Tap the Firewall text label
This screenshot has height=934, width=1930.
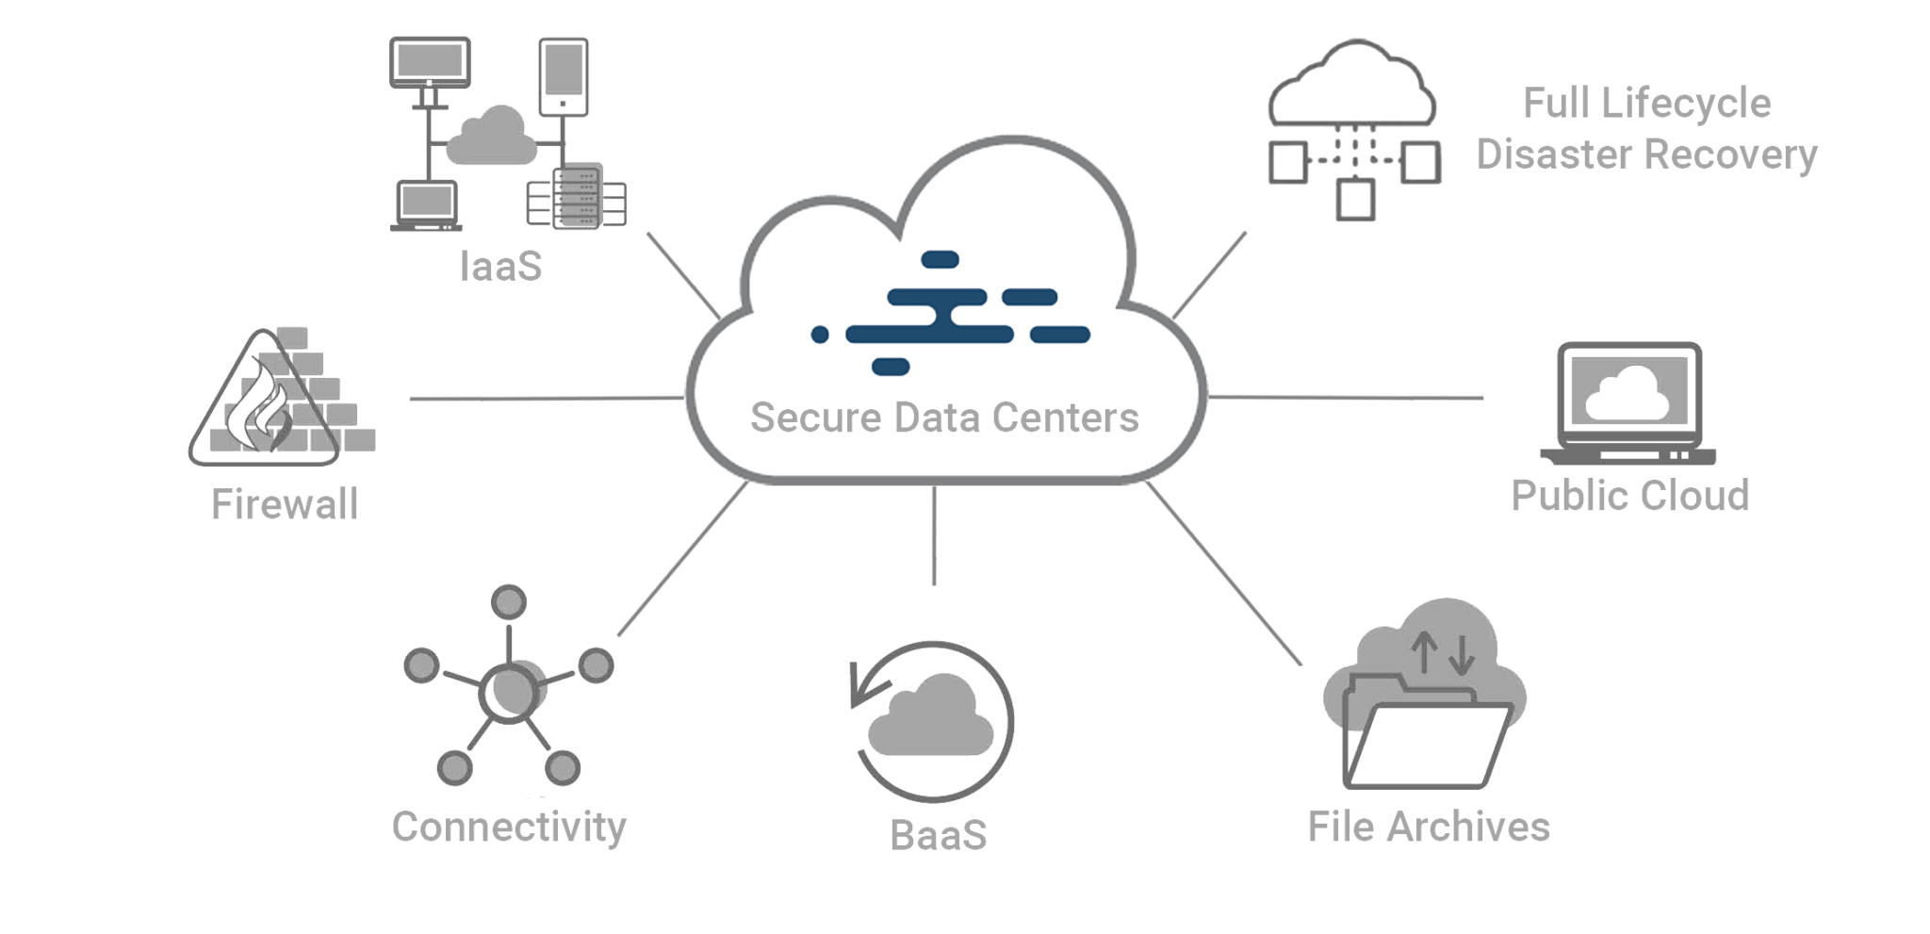coord(285,504)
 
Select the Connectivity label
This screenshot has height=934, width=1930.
coord(509,827)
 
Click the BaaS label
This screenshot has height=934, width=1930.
coord(939,835)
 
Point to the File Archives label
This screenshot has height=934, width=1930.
coord(1429,827)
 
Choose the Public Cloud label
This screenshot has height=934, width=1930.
coord(1629,495)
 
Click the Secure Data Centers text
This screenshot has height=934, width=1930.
coord(944,417)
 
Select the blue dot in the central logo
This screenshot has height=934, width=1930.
coord(820,334)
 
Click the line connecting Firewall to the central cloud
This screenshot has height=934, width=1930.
coord(547,399)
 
